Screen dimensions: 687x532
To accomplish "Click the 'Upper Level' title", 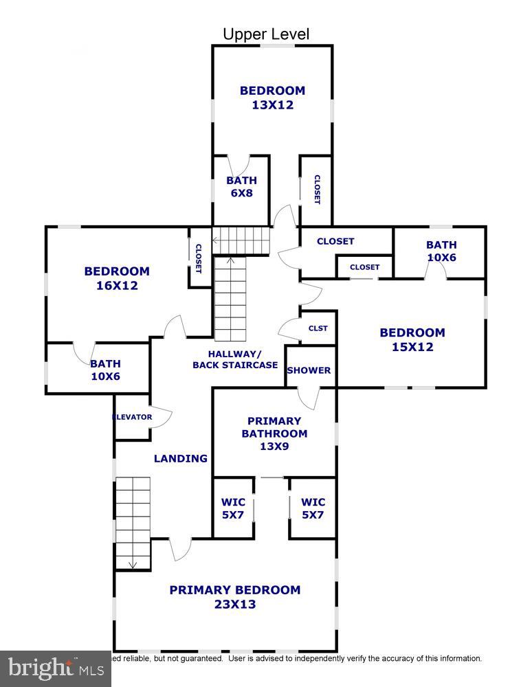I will tap(266, 34).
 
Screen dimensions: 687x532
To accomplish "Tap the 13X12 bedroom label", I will tap(272, 98).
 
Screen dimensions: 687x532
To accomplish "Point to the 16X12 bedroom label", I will tap(117, 278).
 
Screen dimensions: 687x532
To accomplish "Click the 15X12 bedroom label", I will tap(412, 339).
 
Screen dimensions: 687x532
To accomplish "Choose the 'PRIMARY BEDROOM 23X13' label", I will tap(235, 597).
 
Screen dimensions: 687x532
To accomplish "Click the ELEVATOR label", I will tap(133, 417).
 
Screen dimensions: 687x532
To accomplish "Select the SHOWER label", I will tap(309, 370).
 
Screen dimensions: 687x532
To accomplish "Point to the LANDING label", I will tap(181, 458).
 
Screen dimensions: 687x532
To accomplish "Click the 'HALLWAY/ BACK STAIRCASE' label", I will tap(235, 359).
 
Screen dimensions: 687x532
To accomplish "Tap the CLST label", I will tap(318, 328).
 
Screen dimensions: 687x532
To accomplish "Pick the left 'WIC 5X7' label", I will tap(233, 508).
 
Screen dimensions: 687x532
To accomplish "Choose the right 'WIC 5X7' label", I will tap(313, 508).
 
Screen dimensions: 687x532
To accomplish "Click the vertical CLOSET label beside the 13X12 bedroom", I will tap(317, 190).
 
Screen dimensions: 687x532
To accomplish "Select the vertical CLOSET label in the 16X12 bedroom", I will tap(199, 259).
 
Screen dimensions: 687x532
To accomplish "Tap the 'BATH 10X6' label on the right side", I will tap(441, 251).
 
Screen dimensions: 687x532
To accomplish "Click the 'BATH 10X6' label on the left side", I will tap(105, 370).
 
